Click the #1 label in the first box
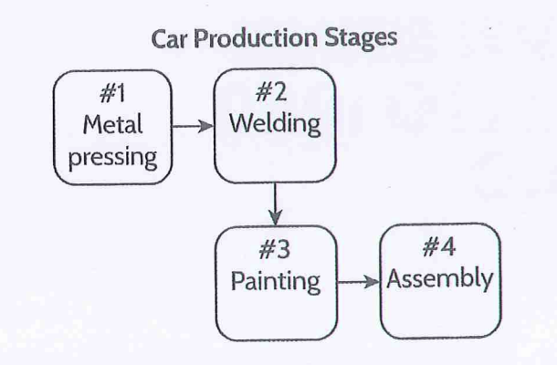(110, 96)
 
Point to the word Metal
(110, 125)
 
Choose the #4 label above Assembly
(440, 249)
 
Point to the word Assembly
(440, 278)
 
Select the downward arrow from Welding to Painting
(275, 203)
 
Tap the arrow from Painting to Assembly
(357, 281)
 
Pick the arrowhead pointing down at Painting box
(275, 219)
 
